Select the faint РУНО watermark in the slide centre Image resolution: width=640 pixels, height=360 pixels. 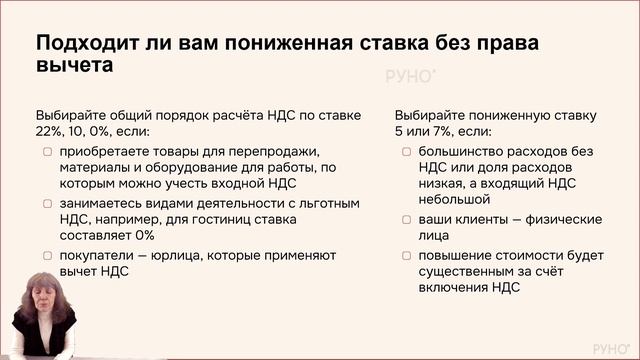410,77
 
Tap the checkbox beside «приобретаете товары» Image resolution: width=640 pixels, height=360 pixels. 49,151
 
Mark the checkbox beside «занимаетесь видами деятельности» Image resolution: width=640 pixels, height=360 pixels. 49,203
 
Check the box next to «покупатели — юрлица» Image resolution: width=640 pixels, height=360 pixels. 49,255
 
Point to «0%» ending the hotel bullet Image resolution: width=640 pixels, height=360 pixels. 143,235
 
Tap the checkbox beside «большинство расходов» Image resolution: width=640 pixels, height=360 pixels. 409,151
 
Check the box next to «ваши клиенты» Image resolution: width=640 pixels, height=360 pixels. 409,219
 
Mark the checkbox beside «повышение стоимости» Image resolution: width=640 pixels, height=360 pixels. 409,255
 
